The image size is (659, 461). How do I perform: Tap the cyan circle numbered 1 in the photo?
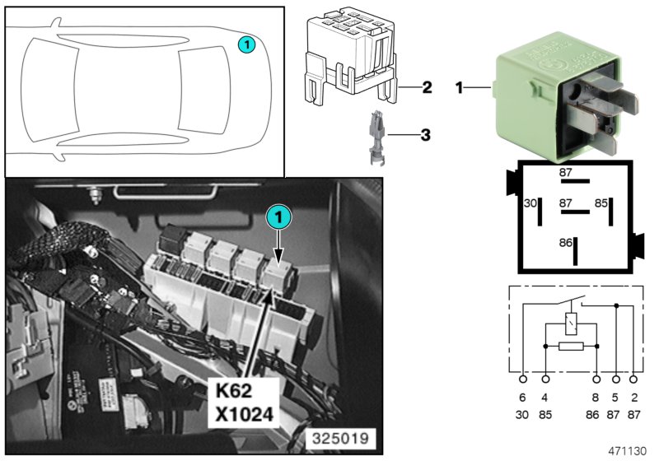(278, 217)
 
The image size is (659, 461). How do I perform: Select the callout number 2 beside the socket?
(426, 86)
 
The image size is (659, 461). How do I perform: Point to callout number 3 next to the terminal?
(426, 133)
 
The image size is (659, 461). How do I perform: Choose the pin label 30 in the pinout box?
(531, 203)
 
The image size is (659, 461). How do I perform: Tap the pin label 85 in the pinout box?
(601, 203)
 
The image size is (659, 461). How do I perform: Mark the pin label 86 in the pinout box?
(566, 244)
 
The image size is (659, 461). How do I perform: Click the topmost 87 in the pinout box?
(566, 173)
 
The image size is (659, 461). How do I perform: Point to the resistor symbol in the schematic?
(572, 347)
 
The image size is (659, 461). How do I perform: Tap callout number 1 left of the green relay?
(460, 86)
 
